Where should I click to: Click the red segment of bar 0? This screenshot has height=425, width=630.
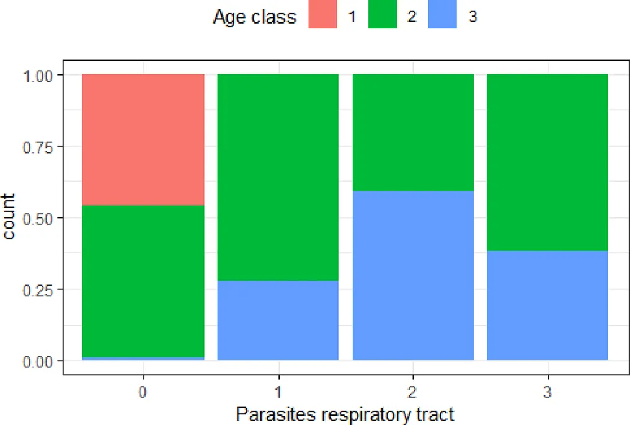[x=143, y=139]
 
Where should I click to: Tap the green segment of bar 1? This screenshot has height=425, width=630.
[x=278, y=177]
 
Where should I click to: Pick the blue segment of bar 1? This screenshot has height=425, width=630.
[x=278, y=320]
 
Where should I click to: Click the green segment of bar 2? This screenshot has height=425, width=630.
[x=413, y=133]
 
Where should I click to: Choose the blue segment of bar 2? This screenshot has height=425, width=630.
[x=413, y=275]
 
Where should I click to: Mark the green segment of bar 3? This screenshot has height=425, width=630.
[x=547, y=162]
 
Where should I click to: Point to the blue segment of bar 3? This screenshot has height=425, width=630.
[x=547, y=305]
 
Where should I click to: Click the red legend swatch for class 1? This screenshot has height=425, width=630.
[x=322, y=17]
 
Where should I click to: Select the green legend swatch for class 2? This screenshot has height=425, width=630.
[x=383, y=17]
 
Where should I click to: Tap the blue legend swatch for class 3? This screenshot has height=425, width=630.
[x=443, y=17]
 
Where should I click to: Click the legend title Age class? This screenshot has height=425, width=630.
[x=254, y=17]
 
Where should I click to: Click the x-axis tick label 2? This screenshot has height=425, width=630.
[x=413, y=393]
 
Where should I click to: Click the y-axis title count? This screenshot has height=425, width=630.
[x=11, y=218]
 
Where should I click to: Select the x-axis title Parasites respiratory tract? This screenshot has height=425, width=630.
[x=345, y=414]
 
